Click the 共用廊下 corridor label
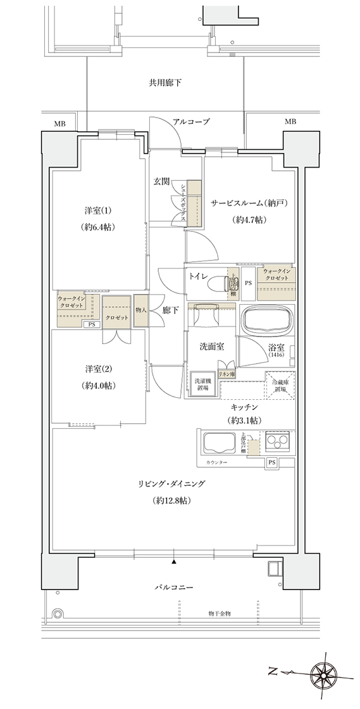coord(165,82)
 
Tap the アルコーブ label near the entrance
coord(191,121)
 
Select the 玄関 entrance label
coord(161,182)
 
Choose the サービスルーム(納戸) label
coord(241,203)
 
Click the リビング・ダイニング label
coord(173,484)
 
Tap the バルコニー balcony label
coord(173,588)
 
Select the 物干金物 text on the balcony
coord(219,613)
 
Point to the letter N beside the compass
coord(273,672)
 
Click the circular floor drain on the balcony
coord(58,613)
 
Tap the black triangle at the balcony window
coord(173,561)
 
